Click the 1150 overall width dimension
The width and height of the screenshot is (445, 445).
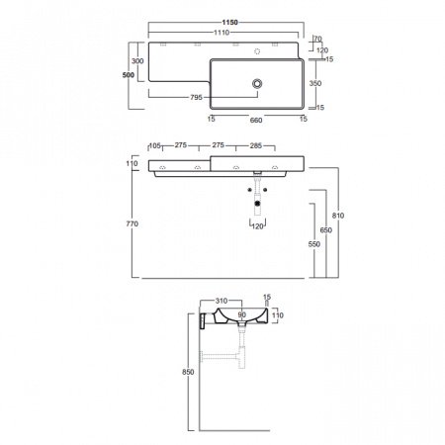pyautogui.click(x=229, y=23)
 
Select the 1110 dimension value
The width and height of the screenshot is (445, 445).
pyautogui.click(x=222, y=33)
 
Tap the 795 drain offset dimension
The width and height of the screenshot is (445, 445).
pyautogui.click(x=196, y=97)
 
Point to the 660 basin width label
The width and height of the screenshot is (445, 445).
pyautogui.click(x=256, y=120)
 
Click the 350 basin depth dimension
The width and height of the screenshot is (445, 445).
pyautogui.click(x=315, y=83)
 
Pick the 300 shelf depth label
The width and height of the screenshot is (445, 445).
pyautogui.click(x=137, y=61)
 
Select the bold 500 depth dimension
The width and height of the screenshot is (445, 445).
pyautogui.click(x=129, y=75)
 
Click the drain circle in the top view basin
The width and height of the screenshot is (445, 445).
pyautogui.click(x=257, y=83)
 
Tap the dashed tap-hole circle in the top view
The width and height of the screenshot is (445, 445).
pyautogui.click(x=257, y=51)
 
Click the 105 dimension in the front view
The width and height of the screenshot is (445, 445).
pyautogui.click(x=155, y=145)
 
